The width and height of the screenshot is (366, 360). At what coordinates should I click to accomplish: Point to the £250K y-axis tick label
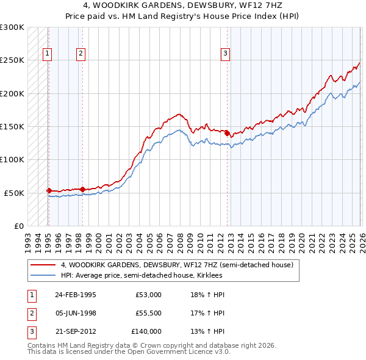12,60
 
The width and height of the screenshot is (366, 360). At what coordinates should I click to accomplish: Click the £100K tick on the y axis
12,159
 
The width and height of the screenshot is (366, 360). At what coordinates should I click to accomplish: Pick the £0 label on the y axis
18,226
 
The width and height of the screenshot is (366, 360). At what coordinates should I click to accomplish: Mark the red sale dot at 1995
49,190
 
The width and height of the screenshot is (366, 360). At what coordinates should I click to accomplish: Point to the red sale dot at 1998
82,189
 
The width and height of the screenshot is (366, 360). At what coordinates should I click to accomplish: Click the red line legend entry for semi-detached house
177,265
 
